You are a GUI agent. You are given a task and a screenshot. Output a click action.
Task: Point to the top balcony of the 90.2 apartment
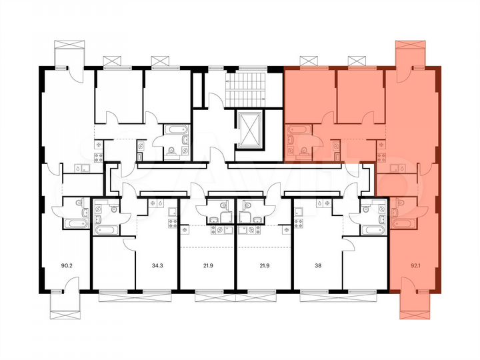click(70, 54)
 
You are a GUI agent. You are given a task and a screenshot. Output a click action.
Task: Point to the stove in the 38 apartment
click(298, 213)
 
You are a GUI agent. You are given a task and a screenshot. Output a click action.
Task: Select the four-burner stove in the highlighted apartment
click(382, 157)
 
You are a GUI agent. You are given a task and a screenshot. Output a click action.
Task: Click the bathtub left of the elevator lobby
click(175, 129)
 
